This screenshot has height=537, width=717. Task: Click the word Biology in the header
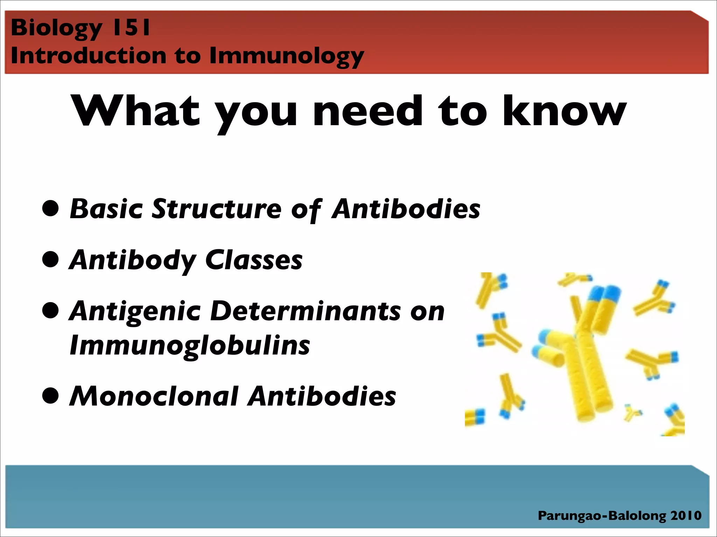[x=56, y=28]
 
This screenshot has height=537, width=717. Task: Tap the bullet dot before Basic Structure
[x=50, y=208]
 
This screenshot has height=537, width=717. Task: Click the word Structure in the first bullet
[x=216, y=209]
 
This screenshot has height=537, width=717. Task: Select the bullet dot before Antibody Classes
[x=50, y=259]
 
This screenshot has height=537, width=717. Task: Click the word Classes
[x=254, y=260]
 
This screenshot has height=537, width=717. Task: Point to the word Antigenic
[x=135, y=311]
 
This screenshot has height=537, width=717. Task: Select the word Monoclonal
[x=154, y=396]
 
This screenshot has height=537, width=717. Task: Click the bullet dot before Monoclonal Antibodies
[x=50, y=396]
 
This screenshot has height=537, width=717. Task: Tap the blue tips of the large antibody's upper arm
[x=605, y=294]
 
